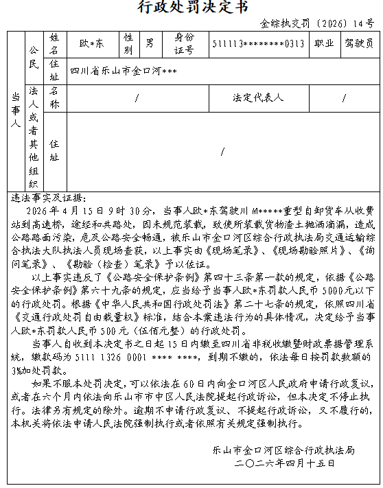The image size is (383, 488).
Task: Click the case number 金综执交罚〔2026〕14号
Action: point(317,23)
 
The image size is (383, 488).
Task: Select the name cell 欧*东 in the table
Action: point(91,43)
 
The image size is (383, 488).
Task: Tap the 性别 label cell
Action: point(128,43)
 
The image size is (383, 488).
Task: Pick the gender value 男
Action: point(149,43)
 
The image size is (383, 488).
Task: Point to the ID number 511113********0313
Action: point(258,43)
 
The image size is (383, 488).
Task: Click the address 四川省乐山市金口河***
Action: point(124,70)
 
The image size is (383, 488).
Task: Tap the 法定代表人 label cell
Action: point(258,97)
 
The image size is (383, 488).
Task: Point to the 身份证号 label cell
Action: point(185,43)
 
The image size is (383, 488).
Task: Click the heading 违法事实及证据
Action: point(49,198)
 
